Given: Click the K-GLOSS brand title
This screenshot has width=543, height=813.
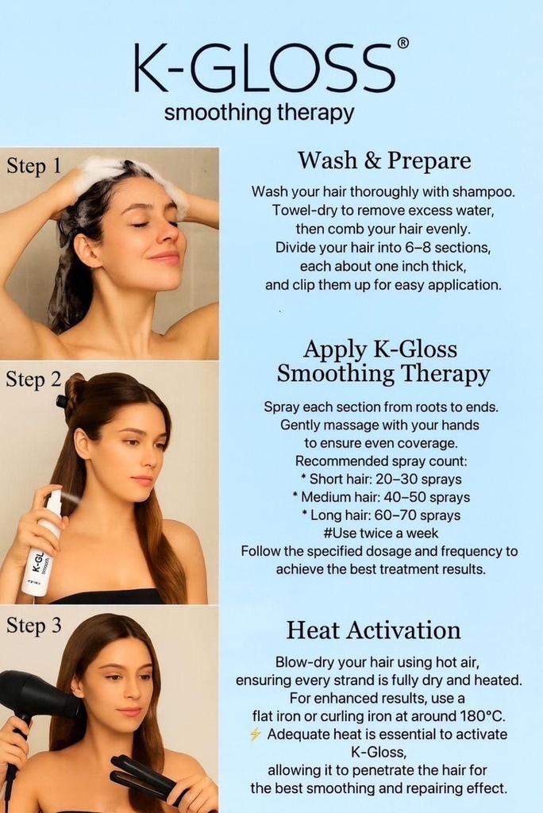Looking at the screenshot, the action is pyautogui.click(x=264, y=68).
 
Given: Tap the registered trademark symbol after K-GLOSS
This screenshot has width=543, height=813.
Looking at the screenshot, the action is pyautogui.click(x=402, y=43).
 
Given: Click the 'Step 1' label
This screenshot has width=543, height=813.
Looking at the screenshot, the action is pyautogui.click(x=33, y=166).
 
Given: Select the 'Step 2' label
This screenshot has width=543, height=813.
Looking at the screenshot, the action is pyautogui.click(x=33, y=380).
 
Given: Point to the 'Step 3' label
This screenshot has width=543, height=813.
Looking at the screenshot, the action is pyautogui.click(x=33, y=626).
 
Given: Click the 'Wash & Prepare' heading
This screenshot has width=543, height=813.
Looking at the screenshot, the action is pyautogui.click(x=384, y=160).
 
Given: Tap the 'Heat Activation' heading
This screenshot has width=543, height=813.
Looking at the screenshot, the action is pyautogui.click(x=373, y=630).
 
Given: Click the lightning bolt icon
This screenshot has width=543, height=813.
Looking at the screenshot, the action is pyautogui.click(x=255, y=734).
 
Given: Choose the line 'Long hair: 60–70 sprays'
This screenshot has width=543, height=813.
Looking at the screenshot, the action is pyautogui.click(x=381, y=515).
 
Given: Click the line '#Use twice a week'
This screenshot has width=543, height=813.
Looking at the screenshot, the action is pyautogui.click(x=381, y=533).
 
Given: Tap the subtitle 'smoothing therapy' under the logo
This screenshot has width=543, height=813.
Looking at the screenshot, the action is pyautogui.click(x=259, y=113).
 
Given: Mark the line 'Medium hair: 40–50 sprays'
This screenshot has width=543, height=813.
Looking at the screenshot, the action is pyautogui.click(x=381, y=497).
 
